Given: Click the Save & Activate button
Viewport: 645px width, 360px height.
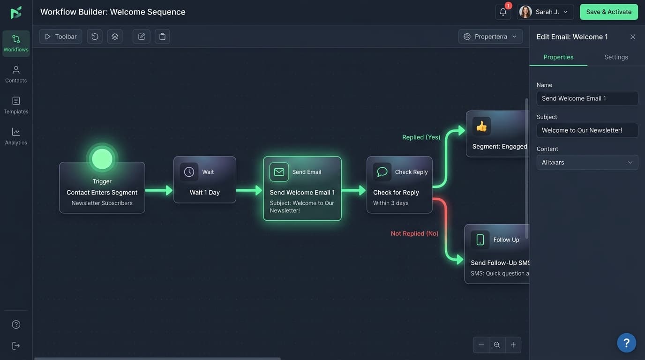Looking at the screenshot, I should [x=608, y=12].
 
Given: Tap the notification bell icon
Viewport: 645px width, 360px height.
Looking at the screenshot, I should [x=503, y=12].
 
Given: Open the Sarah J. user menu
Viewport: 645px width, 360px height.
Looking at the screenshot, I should [x=545, y=12].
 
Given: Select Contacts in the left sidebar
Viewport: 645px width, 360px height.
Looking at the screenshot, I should [x=16, y=74].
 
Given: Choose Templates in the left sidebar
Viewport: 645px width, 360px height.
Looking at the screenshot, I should [x=16, y=105].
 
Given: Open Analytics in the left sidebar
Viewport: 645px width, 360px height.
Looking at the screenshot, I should [x=16, y=136].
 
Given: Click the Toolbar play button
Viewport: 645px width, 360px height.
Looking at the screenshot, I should [x=60, y=37].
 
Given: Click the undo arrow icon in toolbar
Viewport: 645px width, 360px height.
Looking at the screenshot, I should [x=95, y=37].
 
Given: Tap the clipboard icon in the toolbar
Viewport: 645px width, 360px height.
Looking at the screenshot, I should [x=162, y=37].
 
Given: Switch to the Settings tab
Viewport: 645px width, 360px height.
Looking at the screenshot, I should [x=616, y=57].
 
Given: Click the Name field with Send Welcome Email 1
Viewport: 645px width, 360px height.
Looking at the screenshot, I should [x=587, y=98].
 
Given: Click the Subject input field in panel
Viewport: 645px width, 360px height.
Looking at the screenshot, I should [x=587, y=130].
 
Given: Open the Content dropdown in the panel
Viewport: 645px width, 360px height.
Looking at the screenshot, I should [x=587, y=162].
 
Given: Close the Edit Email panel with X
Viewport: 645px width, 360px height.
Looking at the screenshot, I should [x=633, y=37].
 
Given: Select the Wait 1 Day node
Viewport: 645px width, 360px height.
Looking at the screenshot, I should [x=204, y=180].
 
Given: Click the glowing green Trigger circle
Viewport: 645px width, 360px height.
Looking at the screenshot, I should [x=102, y=159].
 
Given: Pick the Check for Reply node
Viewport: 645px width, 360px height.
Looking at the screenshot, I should [x=399, y=185].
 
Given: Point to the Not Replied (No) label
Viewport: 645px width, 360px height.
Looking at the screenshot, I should [x=414, y=233].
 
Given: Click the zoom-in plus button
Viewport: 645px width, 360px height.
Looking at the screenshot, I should [x=513, y=345].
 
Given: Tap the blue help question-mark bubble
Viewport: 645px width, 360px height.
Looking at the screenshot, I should [x=626, y=343].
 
